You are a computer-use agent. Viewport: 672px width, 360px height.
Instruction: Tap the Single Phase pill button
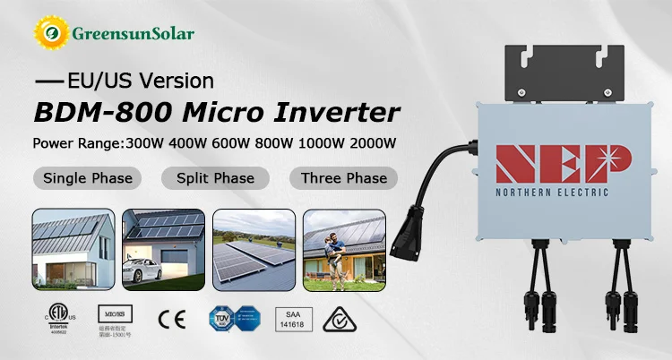[88, 177]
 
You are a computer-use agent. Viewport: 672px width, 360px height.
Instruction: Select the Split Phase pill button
[215, 177]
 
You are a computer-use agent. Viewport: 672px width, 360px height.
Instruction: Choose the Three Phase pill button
[343, 177]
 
